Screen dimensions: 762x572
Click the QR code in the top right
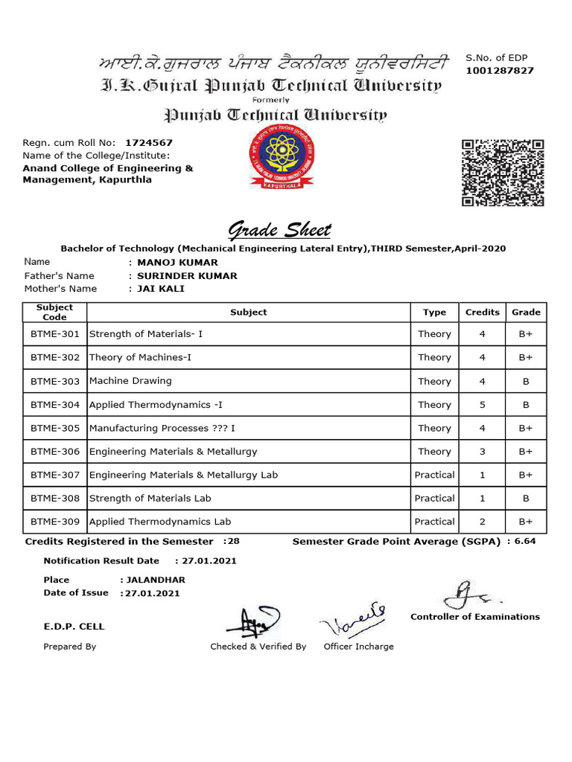point(503,172)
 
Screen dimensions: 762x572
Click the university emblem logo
point(282,159)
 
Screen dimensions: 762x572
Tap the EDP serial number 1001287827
point(499,71)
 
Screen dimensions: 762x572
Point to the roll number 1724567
point(149,142)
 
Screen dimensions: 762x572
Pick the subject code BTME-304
point(55,405)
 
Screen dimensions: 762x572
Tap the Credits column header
point(482,313)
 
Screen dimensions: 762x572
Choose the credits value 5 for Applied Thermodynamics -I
point(482,405)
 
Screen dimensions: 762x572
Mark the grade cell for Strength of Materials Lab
point(526,499)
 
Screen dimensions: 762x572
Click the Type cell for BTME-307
point(434,475)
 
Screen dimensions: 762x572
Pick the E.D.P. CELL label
point(74,627)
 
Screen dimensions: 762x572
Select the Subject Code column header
point(55,313)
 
